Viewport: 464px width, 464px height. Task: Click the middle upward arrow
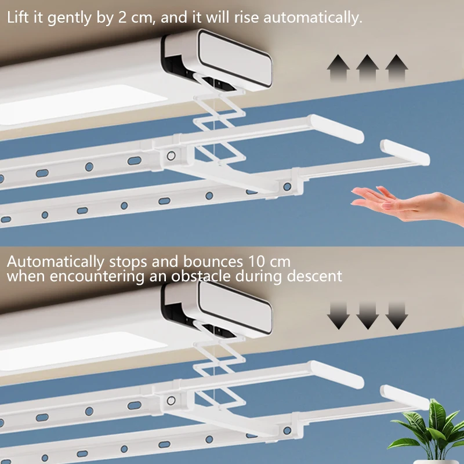[x=367, y=68]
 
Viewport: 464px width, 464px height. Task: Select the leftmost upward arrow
[x=337, y=68]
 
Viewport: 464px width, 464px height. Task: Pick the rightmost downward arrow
[x=397, y=315]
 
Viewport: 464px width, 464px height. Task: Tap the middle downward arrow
[x=367, y=315]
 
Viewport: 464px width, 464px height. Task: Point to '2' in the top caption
[x=121, y=17]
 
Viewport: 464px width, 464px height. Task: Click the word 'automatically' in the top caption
[x=313, y=18]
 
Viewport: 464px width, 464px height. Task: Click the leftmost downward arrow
[x=337, y=315]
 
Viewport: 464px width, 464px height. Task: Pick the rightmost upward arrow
[x=397, y=68]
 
